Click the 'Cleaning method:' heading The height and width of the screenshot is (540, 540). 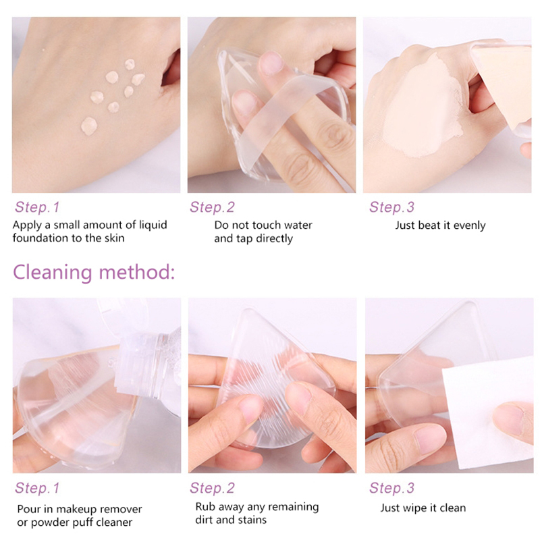click(94, 272)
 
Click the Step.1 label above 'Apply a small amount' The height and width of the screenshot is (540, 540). click(37, 207)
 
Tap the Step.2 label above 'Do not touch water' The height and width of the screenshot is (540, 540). click(212, 207)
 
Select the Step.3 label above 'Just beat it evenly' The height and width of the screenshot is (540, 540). click(391, 207)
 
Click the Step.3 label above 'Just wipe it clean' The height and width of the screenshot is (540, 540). click(391, 487)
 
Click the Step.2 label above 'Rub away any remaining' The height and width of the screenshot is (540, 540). click(212, 487)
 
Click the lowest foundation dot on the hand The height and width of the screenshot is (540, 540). click(89, 126)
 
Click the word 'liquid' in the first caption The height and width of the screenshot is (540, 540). click(153, 225)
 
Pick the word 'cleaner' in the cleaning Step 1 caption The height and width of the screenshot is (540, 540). click(114, 522)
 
